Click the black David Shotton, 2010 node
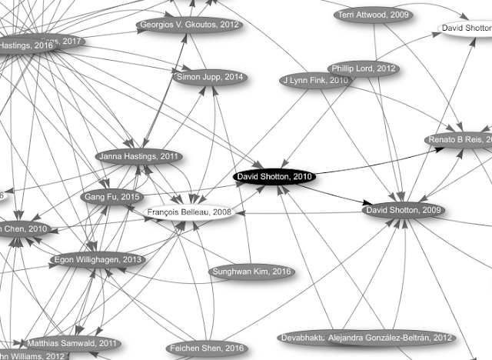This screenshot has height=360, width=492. point(274,177)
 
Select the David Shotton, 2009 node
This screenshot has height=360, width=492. point(403,209)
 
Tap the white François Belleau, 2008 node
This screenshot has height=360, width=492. point(188,212)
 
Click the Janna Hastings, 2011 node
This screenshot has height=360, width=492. point(138,157)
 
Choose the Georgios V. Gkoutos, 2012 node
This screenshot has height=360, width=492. point(189,25)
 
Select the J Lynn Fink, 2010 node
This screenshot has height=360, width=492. point(316,80)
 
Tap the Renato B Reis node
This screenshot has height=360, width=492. point(460,140)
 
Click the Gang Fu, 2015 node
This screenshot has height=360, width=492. point(111,197)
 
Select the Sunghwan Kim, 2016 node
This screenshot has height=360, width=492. point(250,272)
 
